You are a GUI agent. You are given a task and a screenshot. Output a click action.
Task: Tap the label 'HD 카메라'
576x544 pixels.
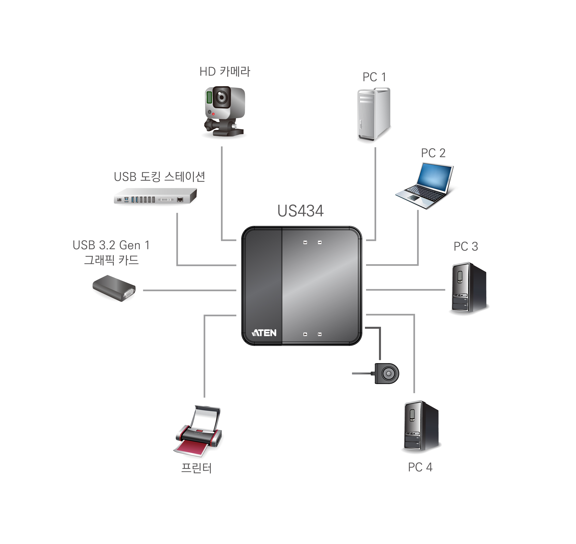[x=225, y=72]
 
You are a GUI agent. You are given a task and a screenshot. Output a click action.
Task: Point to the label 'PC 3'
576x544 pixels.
[x=465, y=246]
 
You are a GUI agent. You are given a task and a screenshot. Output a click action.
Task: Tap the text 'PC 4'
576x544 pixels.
[x=420, y=467]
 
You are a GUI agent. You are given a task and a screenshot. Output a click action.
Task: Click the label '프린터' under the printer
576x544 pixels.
[x=196, y=468]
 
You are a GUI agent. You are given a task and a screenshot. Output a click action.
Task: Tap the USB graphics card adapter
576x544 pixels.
[x=114, y=288]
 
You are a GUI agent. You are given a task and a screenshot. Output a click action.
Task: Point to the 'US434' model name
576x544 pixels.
[x=300, y=211]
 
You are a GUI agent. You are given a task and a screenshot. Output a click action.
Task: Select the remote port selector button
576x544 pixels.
[x=387, y=373]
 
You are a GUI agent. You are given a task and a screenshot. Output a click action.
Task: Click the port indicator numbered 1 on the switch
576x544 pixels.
[x=320, y=242]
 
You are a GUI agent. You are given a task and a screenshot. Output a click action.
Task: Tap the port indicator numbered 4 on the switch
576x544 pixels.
[x=305, y=334]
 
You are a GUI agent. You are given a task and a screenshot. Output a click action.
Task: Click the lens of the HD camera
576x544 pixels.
[x=222, y=97]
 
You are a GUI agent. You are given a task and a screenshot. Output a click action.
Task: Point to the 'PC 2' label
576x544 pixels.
[x=433, y=153]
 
